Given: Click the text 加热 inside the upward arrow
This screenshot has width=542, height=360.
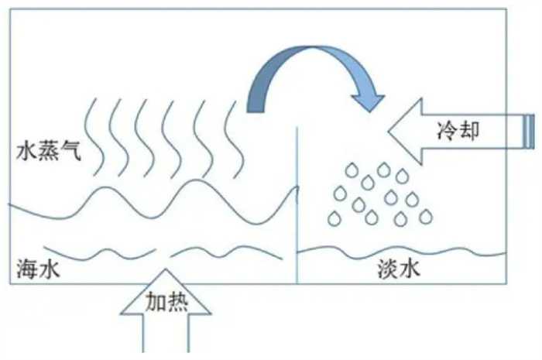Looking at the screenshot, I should (x=166, y=302).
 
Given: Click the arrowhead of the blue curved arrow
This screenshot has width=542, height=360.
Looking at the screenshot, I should (x=368, y=101).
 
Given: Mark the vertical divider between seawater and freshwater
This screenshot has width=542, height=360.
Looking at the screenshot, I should (x=298, y=209).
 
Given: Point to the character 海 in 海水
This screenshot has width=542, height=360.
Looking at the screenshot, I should (x=26, y=269).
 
